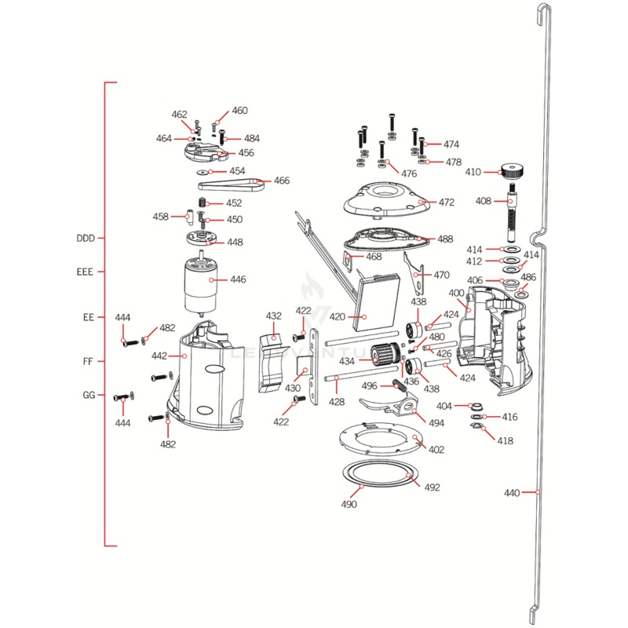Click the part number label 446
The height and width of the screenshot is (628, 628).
tap(238, 279)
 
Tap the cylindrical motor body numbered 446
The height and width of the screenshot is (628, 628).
tap(200, 287)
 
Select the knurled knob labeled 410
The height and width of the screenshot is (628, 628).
tap(514, 170)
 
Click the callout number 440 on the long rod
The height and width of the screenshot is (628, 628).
tap(512, 493)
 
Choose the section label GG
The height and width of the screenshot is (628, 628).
tap(89, 395)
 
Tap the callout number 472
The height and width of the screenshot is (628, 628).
tap(447, 203)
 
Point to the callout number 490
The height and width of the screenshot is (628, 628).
tap(349, 505)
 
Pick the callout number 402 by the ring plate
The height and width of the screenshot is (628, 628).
tap(436, 450)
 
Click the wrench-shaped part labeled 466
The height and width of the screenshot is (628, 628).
tap(228, 185)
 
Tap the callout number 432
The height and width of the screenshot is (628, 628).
tap(273, 316)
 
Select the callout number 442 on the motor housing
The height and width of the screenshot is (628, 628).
tap(159, 356)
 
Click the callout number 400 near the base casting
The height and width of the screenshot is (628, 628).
tap(457, 294)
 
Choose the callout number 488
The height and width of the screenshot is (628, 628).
tap(445, 239)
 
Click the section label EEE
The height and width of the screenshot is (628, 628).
tap(85, 272)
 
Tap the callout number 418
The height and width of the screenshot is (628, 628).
tap(505, 440)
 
